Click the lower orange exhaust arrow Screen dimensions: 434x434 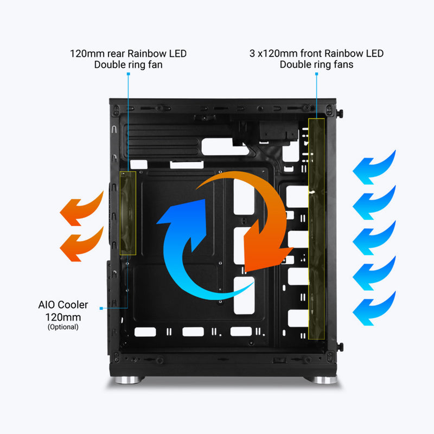(x=81, y=245)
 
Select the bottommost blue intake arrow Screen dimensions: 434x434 (x=374, y=308)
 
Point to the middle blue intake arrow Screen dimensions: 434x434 (x=374, y=238)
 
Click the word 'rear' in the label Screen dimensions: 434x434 (x=116, y=54)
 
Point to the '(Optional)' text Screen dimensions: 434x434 (x=63, y=327)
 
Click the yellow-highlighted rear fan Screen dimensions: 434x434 (x=127, y=213)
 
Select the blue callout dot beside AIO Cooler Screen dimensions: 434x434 (x=101, y=309)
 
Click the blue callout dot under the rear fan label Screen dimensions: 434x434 (x=128, y=74)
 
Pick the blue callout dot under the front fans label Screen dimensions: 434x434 (x=316, y=74)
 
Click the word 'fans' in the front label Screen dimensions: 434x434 (x=342, y=65)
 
